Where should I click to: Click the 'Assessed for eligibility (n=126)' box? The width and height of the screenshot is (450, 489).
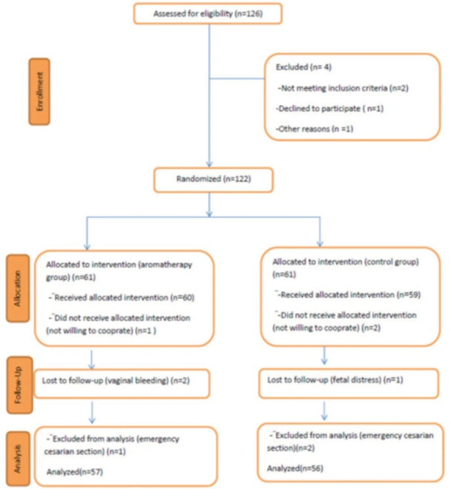coord(208,14)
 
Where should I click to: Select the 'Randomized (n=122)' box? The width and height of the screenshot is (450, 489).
coord(213,180)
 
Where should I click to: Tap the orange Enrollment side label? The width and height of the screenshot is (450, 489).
coord(39,92)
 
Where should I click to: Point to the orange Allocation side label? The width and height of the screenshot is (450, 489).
coord(18,288)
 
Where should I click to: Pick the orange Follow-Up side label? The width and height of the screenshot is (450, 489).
coord(19,385)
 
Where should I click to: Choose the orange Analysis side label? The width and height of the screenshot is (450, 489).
coord(18,459)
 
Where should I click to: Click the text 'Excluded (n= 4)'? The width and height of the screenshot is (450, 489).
coord(303,67)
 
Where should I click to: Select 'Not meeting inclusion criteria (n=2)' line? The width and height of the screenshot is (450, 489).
coord(343,88)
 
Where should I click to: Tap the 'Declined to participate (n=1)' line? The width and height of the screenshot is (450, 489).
coord(330,108)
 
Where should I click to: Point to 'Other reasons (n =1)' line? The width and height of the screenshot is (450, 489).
coord(315,129)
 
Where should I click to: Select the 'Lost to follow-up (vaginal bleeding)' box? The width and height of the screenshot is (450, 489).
coord(121,384)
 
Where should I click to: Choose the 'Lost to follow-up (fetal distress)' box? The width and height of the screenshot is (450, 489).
coord(349,383)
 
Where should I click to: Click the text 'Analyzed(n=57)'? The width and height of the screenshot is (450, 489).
coord(75,472)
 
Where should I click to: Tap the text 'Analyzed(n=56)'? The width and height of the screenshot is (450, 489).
coord(295,468)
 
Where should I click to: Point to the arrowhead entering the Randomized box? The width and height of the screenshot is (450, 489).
coord(209,164)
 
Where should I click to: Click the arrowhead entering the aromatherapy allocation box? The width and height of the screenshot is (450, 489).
coord(87,247)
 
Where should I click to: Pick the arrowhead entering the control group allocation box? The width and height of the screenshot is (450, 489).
coord(320,243)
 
